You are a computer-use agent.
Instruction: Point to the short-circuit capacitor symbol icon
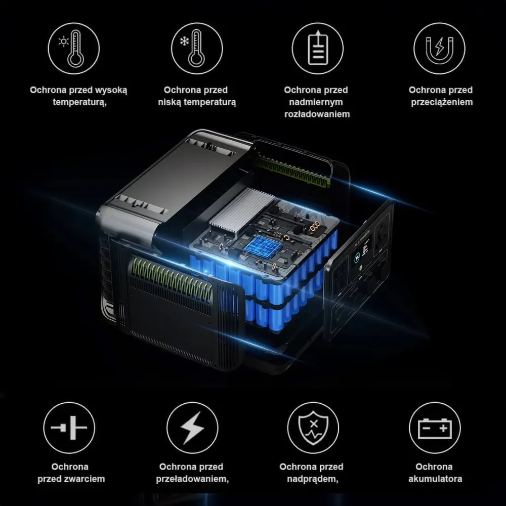(x=69, y=428)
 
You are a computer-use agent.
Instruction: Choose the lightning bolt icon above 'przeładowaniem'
(x=192, y=428)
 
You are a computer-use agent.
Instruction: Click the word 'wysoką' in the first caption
(x=112, y=90)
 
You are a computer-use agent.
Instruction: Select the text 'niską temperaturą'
(x=197, y=102)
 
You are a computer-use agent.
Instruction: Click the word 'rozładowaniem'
(x=317, y=114)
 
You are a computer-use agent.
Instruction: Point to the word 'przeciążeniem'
(x=441, y=102)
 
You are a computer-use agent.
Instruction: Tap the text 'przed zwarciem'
(x=71, y=479)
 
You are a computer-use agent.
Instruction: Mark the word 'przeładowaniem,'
(x=191, y=479)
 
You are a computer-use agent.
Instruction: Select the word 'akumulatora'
(x=435, y=479)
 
